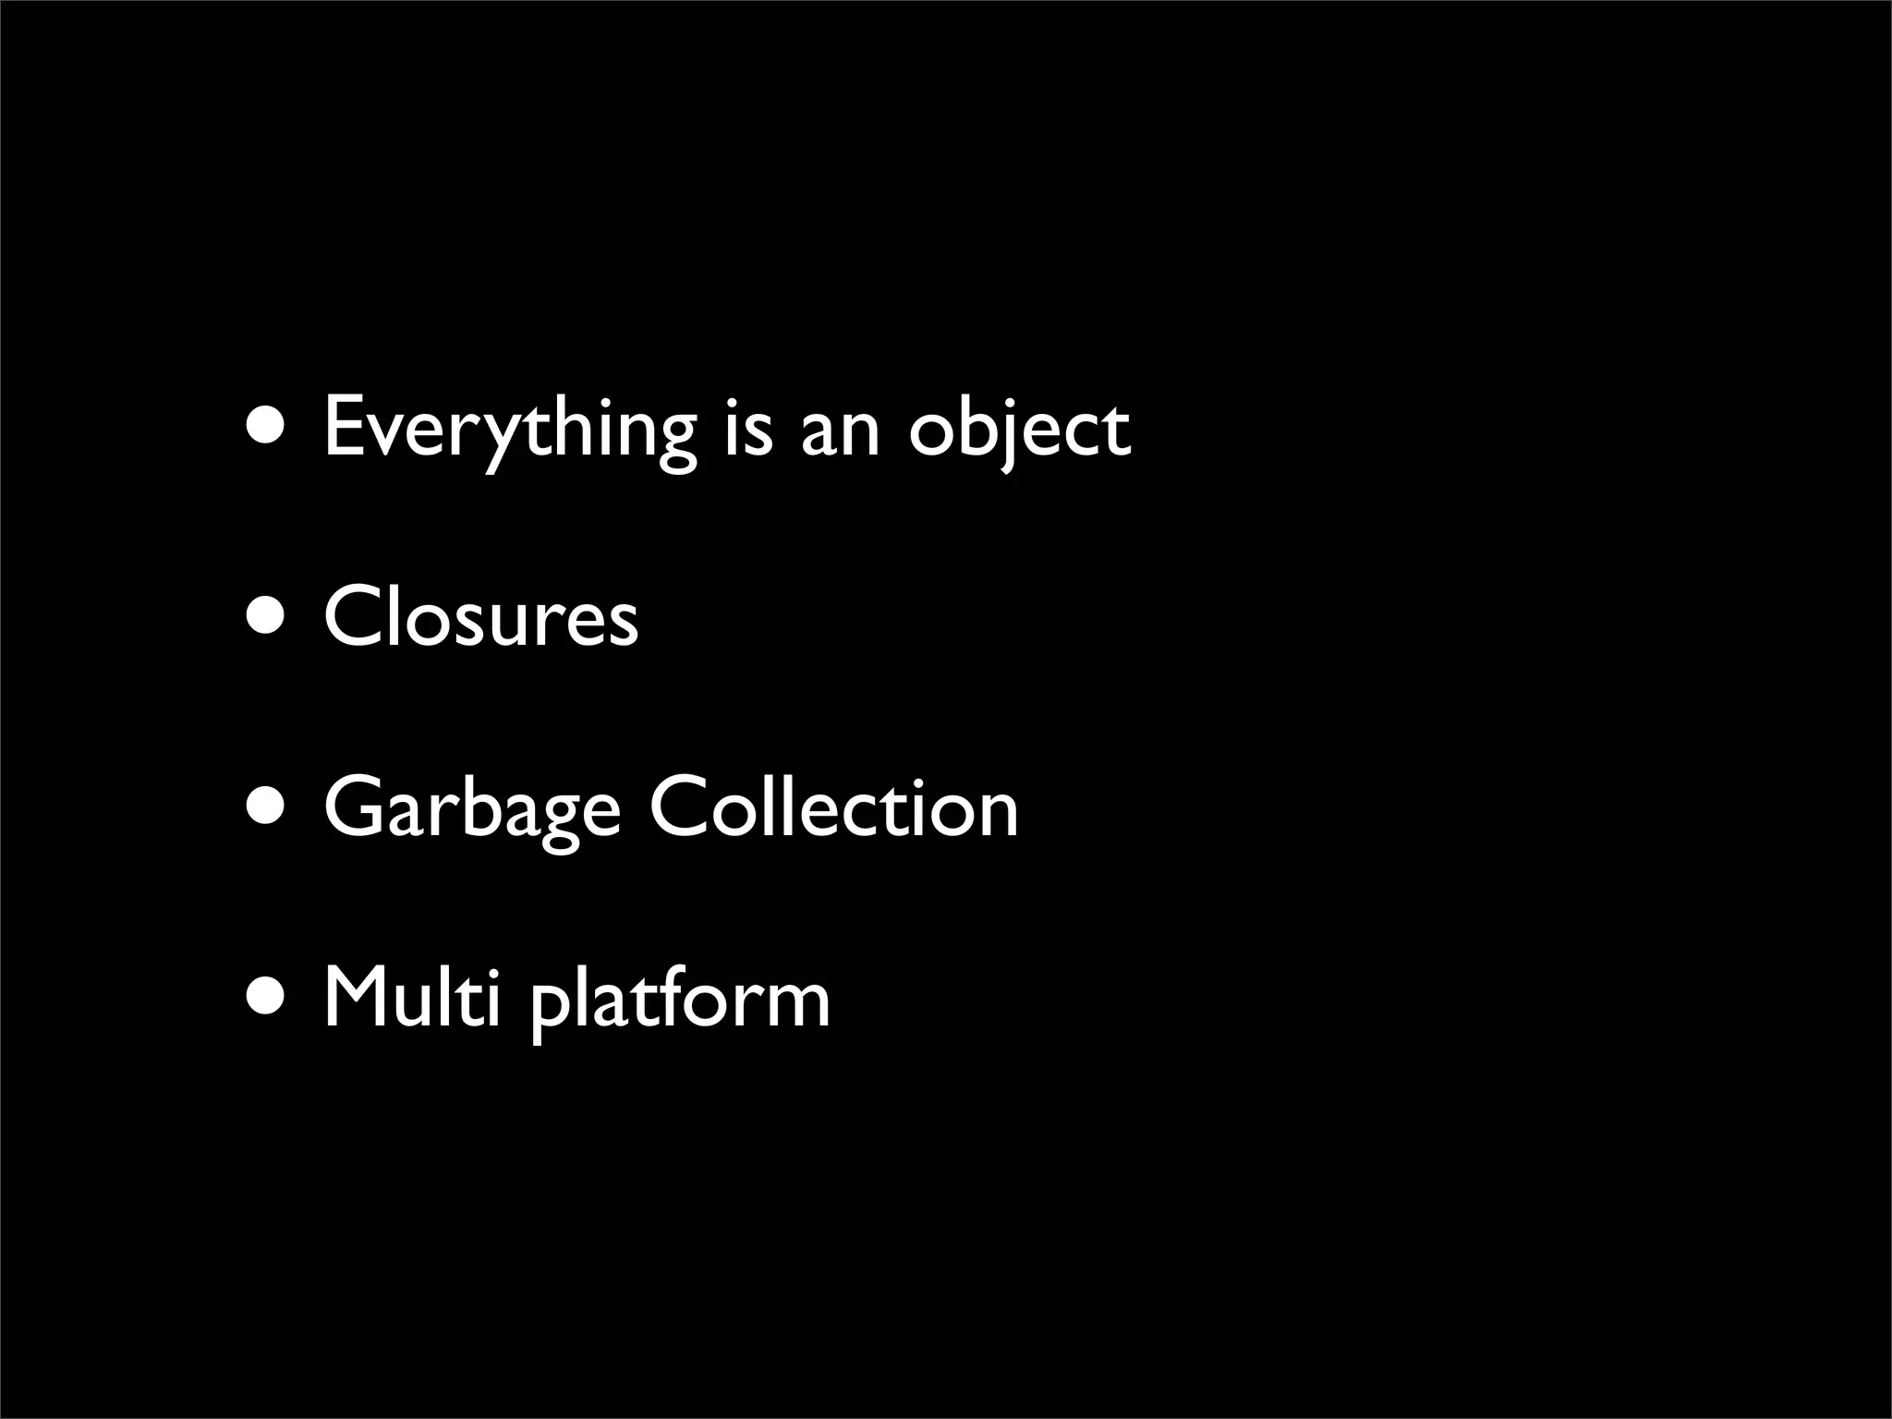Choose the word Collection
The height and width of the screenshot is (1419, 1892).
point(834,807)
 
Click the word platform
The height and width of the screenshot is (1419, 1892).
point(681,1001)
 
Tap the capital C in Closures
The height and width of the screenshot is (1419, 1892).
point(356,616)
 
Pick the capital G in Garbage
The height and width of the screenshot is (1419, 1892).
point(358,807)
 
